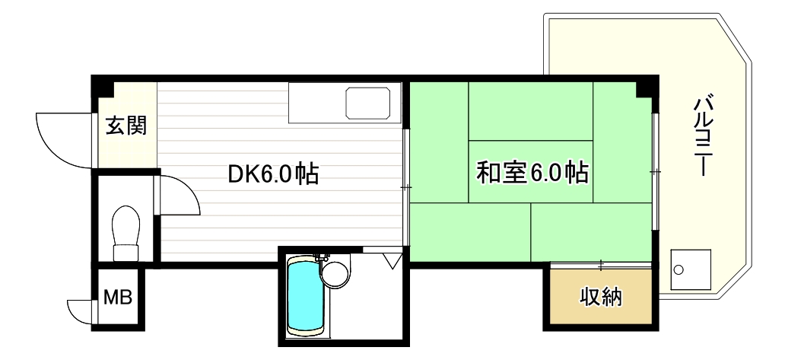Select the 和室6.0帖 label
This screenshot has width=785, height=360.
[532, 174]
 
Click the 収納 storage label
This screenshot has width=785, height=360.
[600, 296]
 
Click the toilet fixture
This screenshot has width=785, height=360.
[125, 229]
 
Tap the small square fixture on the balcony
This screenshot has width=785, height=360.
[691, 270]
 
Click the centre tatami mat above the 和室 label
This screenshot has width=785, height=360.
[530, 111]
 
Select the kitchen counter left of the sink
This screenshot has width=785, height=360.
[316, 103]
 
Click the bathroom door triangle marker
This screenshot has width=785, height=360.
[392, 261]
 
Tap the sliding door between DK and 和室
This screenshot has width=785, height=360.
[407, 186]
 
